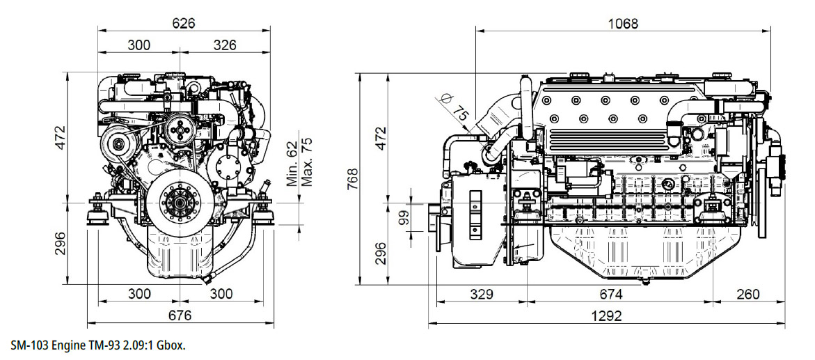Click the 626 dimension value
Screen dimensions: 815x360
click(x=184, y=24)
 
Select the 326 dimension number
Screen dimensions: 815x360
click(x=225, y=45)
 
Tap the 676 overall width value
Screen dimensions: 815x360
click(x=180, y=315)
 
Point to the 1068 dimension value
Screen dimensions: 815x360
click(x=622, y=24)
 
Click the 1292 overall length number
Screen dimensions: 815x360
click(x=607, y=315)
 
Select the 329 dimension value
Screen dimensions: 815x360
click(x=482, y=295)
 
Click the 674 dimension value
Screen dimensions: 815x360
click(x=611, y=295)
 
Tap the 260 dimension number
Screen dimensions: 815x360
click(x=748, y=295)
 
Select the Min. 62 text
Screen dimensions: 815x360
click(x=292, y=164)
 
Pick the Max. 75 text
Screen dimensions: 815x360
click(x=307, y=162)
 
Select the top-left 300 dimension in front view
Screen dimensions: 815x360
click(x=139, y=45)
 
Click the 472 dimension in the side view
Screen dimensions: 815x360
click(x=381, y=138)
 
